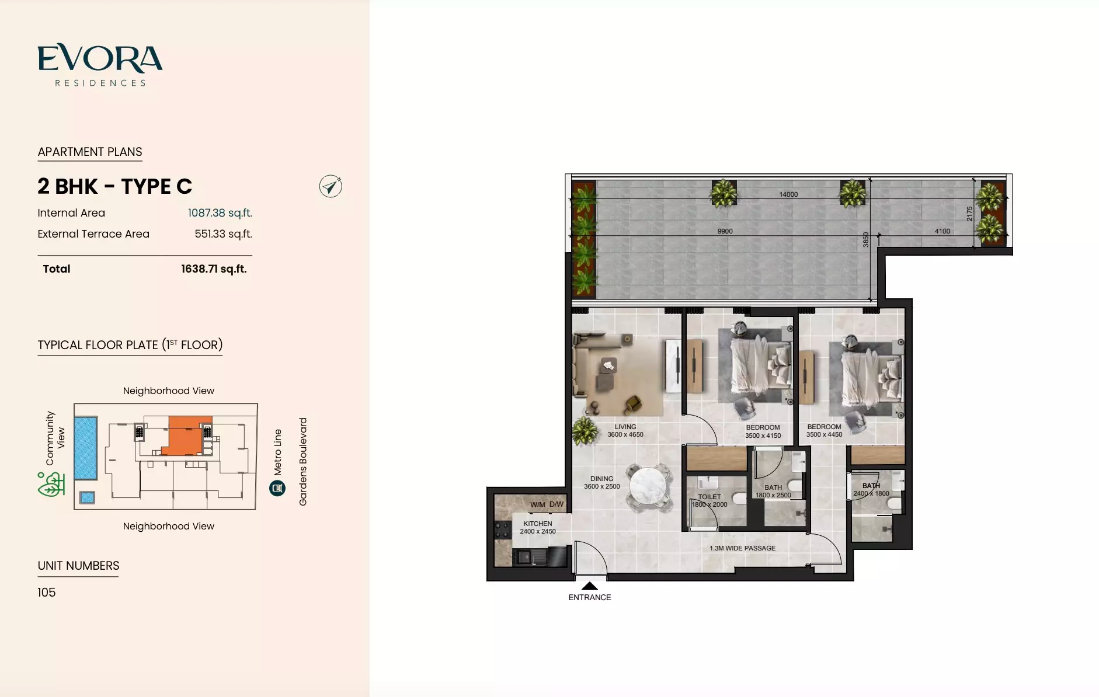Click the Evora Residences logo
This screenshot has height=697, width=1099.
click(x=100, y=65)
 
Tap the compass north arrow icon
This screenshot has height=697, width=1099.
click(x=331, y=186)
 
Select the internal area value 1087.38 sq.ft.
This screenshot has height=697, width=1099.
click(x=220, y=213)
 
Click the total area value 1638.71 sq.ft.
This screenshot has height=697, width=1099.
click(x=214, y=269)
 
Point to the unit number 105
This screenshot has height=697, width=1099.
click(x=47, y=593)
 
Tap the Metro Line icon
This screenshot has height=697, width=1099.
click(x=277, y=488)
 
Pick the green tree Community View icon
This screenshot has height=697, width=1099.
click(x=51, y=485)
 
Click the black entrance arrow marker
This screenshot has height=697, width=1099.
click(x=590, y=586)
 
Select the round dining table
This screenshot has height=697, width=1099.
click(x=648, y=486)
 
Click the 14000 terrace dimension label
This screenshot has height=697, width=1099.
click(x=788, y=194)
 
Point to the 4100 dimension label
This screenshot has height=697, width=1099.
click(x=942, y=231)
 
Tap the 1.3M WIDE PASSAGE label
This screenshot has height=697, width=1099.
click(x=742, y=548)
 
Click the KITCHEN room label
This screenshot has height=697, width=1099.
click(x=537, y=524)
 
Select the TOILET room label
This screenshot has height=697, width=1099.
click(x=710, y=497)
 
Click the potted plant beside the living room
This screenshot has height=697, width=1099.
click(x=585, y=431)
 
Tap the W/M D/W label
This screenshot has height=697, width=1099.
click(x=547, y=504)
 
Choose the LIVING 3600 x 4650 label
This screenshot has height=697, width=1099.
click(x=625, y=431)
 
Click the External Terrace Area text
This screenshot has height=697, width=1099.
click(x=93, y=234)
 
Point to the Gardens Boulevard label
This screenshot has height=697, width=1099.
click(x=303, y=461)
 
